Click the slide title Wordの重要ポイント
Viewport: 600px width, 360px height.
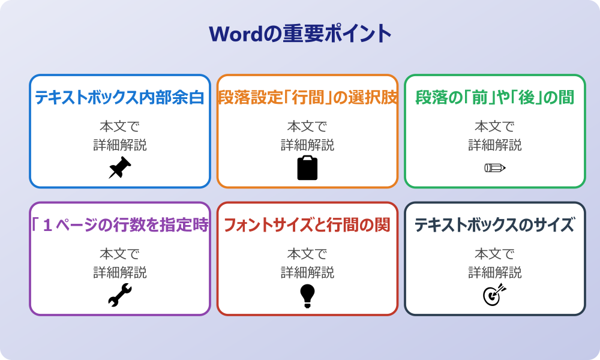(300, 33)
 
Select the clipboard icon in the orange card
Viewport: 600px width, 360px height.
(307, 168)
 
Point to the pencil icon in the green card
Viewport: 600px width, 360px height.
(494, 167)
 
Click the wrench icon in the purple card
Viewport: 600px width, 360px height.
(119, 295)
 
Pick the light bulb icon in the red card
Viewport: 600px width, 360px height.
(307, 295)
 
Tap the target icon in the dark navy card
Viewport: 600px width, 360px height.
(494, 295)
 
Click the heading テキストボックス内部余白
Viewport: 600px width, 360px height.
(119, 97)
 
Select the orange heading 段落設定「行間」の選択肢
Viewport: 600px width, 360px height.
(307, 97)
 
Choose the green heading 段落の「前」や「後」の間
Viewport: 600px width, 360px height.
(494, 97)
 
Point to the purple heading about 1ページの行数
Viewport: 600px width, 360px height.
(119, 225)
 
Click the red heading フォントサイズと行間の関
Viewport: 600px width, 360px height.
(307, 225)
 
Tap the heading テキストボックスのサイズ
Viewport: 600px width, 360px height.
(494, 225)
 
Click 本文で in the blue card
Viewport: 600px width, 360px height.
(119, 127)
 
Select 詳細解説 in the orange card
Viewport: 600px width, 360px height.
(307, 145)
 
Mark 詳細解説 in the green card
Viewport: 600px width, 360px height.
(494, 145)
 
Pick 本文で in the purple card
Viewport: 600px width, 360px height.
(119, 254)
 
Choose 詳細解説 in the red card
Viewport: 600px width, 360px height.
(307, 273)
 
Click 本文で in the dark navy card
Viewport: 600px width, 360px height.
(494, 254)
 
